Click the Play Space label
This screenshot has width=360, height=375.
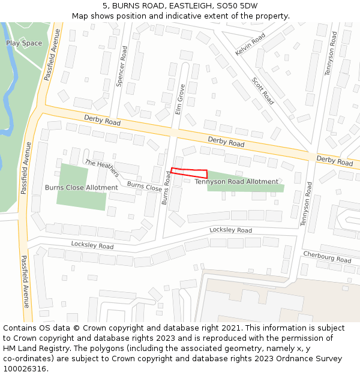click(x=24, y=43)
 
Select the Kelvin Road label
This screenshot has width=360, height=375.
click(x=250, y=45)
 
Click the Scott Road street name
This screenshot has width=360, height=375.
click(x=263, y=91)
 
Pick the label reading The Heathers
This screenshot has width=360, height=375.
click(x=101, y=168)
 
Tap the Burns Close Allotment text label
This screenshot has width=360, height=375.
click(x=81, y=188)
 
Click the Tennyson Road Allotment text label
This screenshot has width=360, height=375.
click(x=236, y=181)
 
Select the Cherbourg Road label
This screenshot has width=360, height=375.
click(x=327, y=257)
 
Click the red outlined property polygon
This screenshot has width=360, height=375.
click(x=189, y=173)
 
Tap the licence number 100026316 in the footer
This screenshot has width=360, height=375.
click(x=25, y=368)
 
